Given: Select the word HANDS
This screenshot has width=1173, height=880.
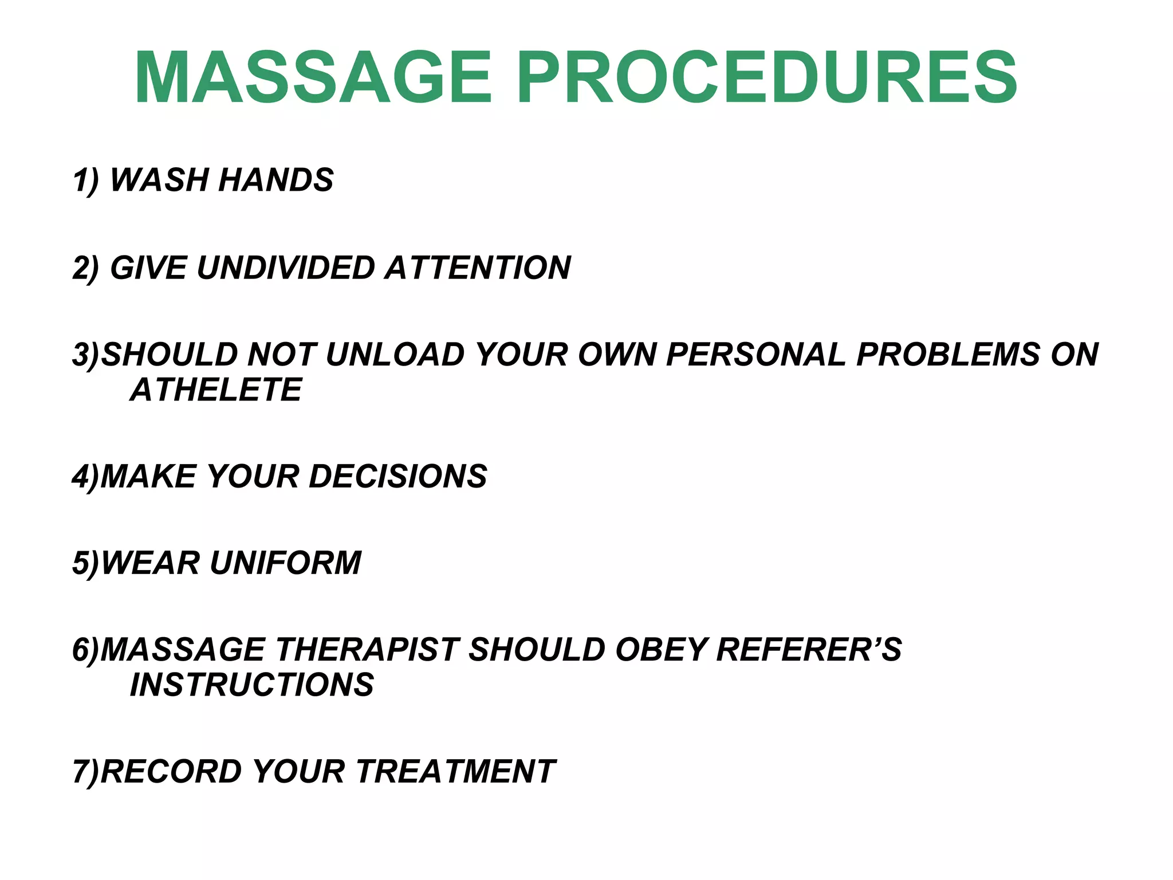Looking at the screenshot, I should (276, 180).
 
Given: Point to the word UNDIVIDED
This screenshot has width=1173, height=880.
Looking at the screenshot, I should (286, 268).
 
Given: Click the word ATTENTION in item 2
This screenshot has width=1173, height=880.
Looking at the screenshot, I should (478, 268).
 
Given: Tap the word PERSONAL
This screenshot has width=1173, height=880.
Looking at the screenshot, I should (756, 354).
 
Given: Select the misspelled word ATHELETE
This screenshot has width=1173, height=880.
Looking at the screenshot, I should (216, 390).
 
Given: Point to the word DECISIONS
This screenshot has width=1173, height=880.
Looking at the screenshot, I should (398, 477).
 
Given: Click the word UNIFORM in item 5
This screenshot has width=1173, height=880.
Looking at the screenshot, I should (286, 563).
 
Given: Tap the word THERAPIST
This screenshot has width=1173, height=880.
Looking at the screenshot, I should (367, 650).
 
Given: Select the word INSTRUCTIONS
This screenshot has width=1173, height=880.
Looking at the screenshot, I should (252, 685).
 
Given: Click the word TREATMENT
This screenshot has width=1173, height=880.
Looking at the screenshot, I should (456, 771).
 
